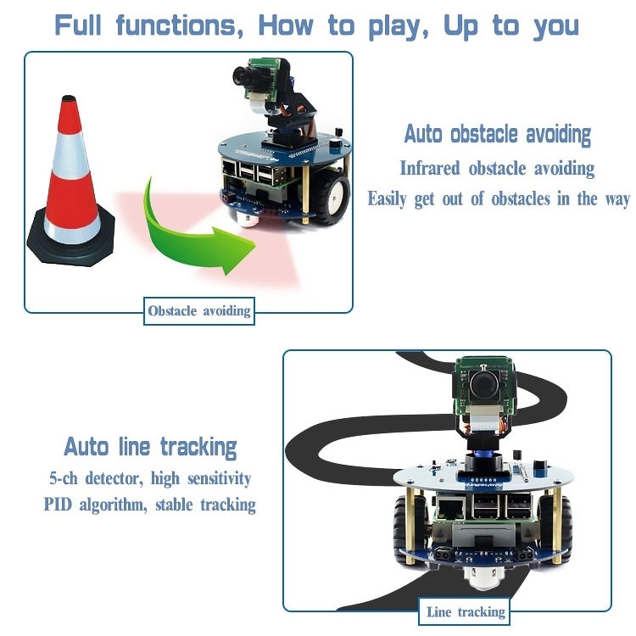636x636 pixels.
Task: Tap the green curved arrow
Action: [x=191, y=229]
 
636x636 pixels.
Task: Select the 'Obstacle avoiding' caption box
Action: [x=199, y=311]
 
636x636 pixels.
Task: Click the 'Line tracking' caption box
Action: [x=466, y=611]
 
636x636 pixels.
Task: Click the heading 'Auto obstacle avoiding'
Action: [x=497, y=134]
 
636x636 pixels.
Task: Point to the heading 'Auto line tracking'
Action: [x=150, y=447]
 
